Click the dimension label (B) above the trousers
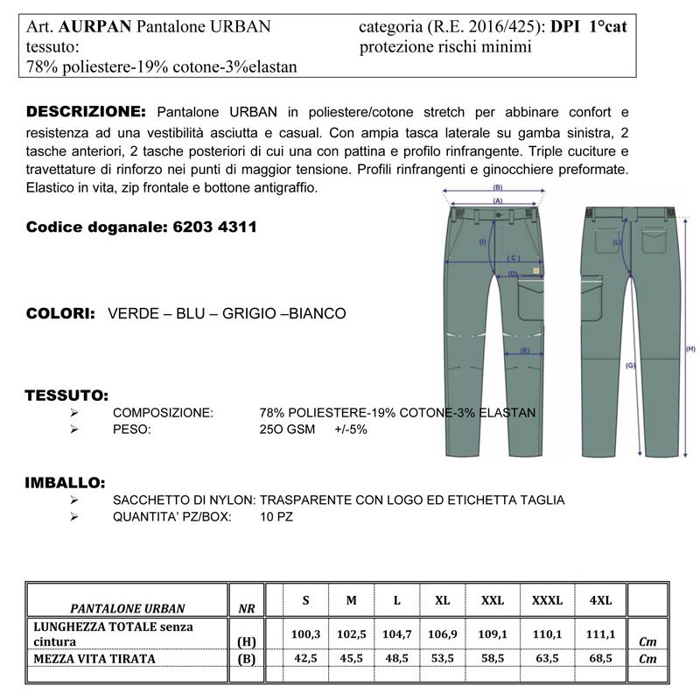click(x=498, y=187)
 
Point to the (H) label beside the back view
click(x=689, y=348)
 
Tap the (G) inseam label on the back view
click(x=630, y=365)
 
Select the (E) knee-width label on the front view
click(x=525, y=351)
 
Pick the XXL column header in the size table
click(x=493, y=600)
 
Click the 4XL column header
click(x=600, y=600)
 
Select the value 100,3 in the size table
click(x=305, y=633)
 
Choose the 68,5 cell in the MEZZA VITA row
click(x=600, y=659)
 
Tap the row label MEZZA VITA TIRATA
click(x=94, y=658)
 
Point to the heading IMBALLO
click(x=66, y=482)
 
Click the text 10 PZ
click(x=276, y=517)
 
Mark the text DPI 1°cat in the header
click(x=590, y=27)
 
